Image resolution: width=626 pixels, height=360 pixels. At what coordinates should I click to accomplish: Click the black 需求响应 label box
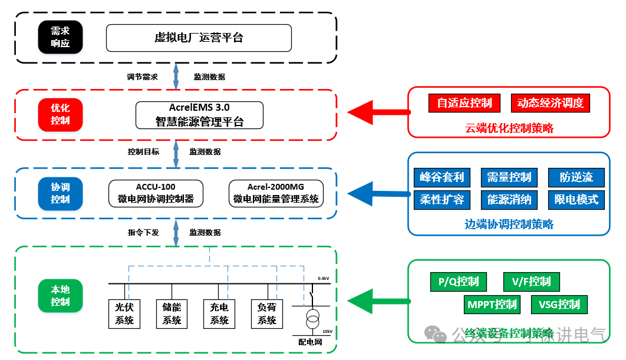[60, 38]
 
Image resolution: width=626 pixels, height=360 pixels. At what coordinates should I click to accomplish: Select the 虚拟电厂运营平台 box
[199, 38]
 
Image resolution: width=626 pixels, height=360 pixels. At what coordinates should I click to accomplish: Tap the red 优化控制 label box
[60, 114]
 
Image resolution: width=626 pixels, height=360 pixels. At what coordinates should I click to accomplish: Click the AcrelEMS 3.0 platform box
[199, 115]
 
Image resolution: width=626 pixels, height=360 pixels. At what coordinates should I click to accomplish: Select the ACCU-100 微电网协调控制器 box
[156, 193]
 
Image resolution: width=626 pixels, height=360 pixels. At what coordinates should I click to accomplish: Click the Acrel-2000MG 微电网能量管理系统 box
[276, 193]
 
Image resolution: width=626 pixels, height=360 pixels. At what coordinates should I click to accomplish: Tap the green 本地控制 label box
[60, 296]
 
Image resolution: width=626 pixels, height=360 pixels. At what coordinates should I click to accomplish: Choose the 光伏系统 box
[124, 313]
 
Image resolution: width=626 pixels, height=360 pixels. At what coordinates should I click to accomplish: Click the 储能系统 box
[172, 313]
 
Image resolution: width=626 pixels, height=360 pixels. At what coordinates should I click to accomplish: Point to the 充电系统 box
[219, 313]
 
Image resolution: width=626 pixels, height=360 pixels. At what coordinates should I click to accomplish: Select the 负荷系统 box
[266, 313]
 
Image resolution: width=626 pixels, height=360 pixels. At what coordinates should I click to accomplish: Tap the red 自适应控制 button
[464, 103]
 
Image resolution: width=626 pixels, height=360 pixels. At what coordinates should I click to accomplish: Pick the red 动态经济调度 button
[550, 103]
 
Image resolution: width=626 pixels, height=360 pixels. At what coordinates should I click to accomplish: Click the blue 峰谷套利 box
[442, 177]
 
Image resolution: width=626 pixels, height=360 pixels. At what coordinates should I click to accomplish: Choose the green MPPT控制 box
[492, 305]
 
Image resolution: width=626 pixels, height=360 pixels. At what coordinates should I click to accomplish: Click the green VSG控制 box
[559, 305]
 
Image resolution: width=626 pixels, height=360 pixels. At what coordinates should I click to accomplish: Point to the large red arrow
[377, 111]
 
